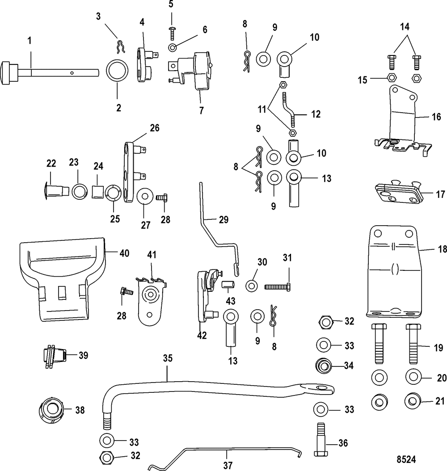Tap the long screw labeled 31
coord(277,286)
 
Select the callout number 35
coord(167,358)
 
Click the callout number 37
coord(228,464)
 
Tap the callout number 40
coord(123,253)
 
